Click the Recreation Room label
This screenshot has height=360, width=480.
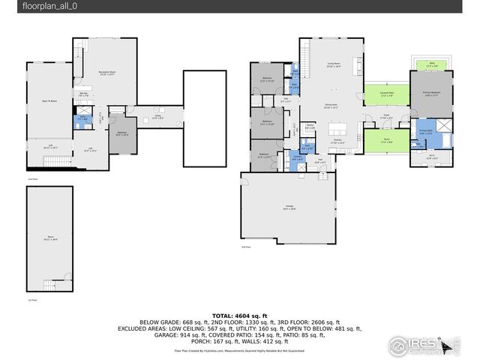click(x=106, y=73)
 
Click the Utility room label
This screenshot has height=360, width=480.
click(x=158, y=117)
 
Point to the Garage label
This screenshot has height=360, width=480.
click(x=289, y=208)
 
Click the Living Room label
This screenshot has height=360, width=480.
click(x=332, y=65)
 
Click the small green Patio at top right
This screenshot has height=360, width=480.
click(x=431, y=65)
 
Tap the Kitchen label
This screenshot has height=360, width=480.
click(x=337, y=142)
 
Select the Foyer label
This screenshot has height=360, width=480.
click(x=385, y=118)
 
